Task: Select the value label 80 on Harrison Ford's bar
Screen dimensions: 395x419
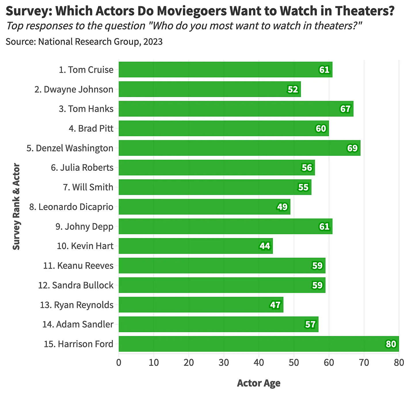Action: (x=391, y=344)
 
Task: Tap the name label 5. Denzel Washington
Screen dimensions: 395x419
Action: (x=70, y=148)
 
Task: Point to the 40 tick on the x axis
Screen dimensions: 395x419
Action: (x=259, y=362)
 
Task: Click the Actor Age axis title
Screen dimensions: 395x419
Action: (x=258, y=383)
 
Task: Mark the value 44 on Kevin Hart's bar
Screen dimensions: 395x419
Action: (x=265, y=246)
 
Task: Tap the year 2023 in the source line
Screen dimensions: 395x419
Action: (x=153, y=42)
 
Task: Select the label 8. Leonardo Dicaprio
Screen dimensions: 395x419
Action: (x=71, y=207)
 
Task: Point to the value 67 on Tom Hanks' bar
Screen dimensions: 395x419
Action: (x=345, y=109)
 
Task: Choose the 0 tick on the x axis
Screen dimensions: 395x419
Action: (x=119, y=362)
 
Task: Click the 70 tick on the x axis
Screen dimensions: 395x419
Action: (x=364, y=362)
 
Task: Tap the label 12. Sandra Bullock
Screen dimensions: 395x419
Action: (x=76, y=285)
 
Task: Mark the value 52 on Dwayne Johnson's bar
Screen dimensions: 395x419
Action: (x=293, y=90)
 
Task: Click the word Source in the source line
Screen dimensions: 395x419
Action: (x=20, y=42)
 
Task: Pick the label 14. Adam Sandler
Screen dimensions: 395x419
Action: (x=78, y=324)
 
